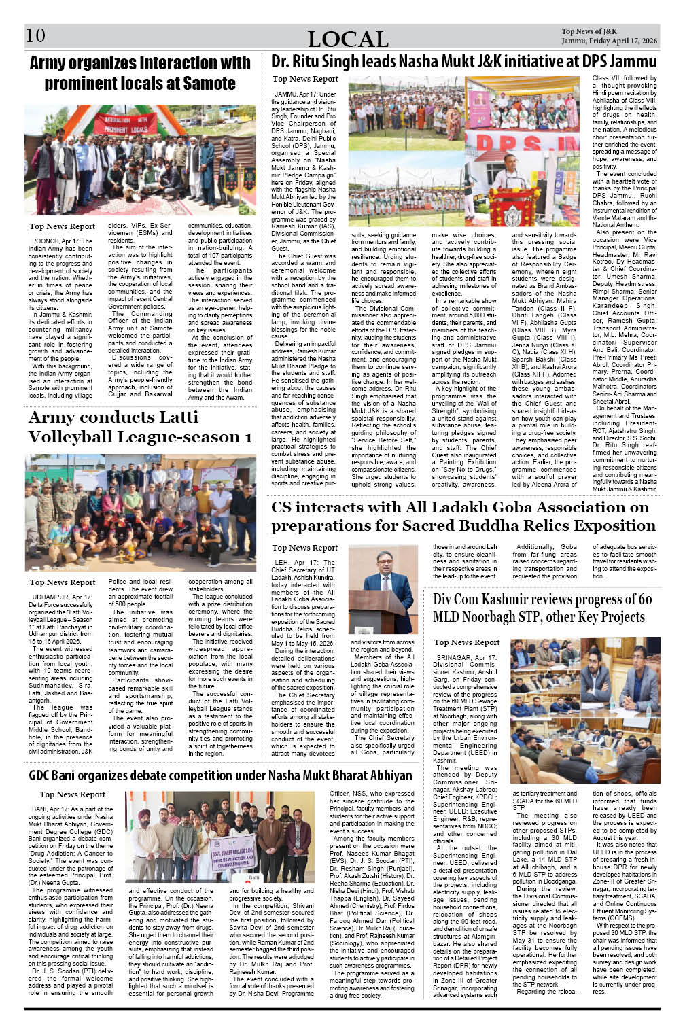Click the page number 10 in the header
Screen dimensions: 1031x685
(35, 35)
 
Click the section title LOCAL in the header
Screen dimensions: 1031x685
(348, 39)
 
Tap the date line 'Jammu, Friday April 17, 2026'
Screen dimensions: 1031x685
(609, 41)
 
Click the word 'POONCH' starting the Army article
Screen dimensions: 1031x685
(46, 241)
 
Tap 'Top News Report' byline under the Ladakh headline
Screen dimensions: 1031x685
(304, 548)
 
